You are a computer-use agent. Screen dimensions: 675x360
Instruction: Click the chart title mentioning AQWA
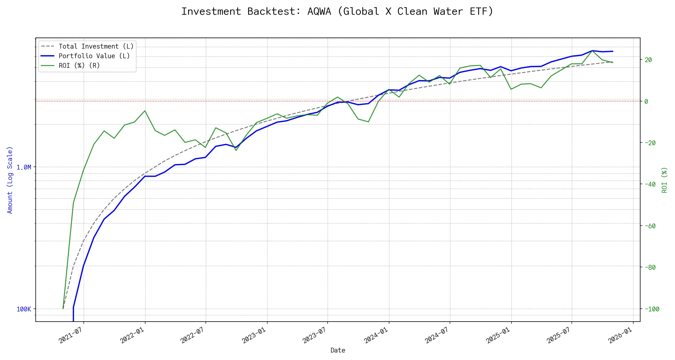click(x=337, y=11)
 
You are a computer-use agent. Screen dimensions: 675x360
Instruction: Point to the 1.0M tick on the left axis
click(x=24, y=167)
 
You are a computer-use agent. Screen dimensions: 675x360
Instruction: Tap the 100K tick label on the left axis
click(x=24, y=309)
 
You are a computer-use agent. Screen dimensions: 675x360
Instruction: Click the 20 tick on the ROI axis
click(x=648, y=60)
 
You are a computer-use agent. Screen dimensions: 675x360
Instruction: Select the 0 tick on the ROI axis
click(x=646, y=101)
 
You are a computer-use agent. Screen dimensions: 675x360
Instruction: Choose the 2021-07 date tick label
click(x=71, y=335)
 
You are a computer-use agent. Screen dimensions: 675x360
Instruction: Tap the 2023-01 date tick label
click(x=254, y=335)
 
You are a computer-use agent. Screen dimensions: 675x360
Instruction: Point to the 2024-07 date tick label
click(x=437, y=335)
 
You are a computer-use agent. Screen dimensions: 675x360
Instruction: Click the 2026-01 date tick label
click(x=620, y=335)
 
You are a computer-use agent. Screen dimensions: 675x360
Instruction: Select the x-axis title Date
click(x=338, y=350)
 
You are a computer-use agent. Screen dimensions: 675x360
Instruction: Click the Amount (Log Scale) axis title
click(x=10, y=180)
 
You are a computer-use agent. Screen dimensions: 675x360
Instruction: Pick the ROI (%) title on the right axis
click(x=664, y=180)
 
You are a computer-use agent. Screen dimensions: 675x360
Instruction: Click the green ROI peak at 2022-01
click(x=145, y=111)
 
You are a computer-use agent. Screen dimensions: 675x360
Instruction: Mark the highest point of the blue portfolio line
click(x=592, y=51)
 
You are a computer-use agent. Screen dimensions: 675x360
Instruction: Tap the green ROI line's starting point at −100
click(x=63, y=308)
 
